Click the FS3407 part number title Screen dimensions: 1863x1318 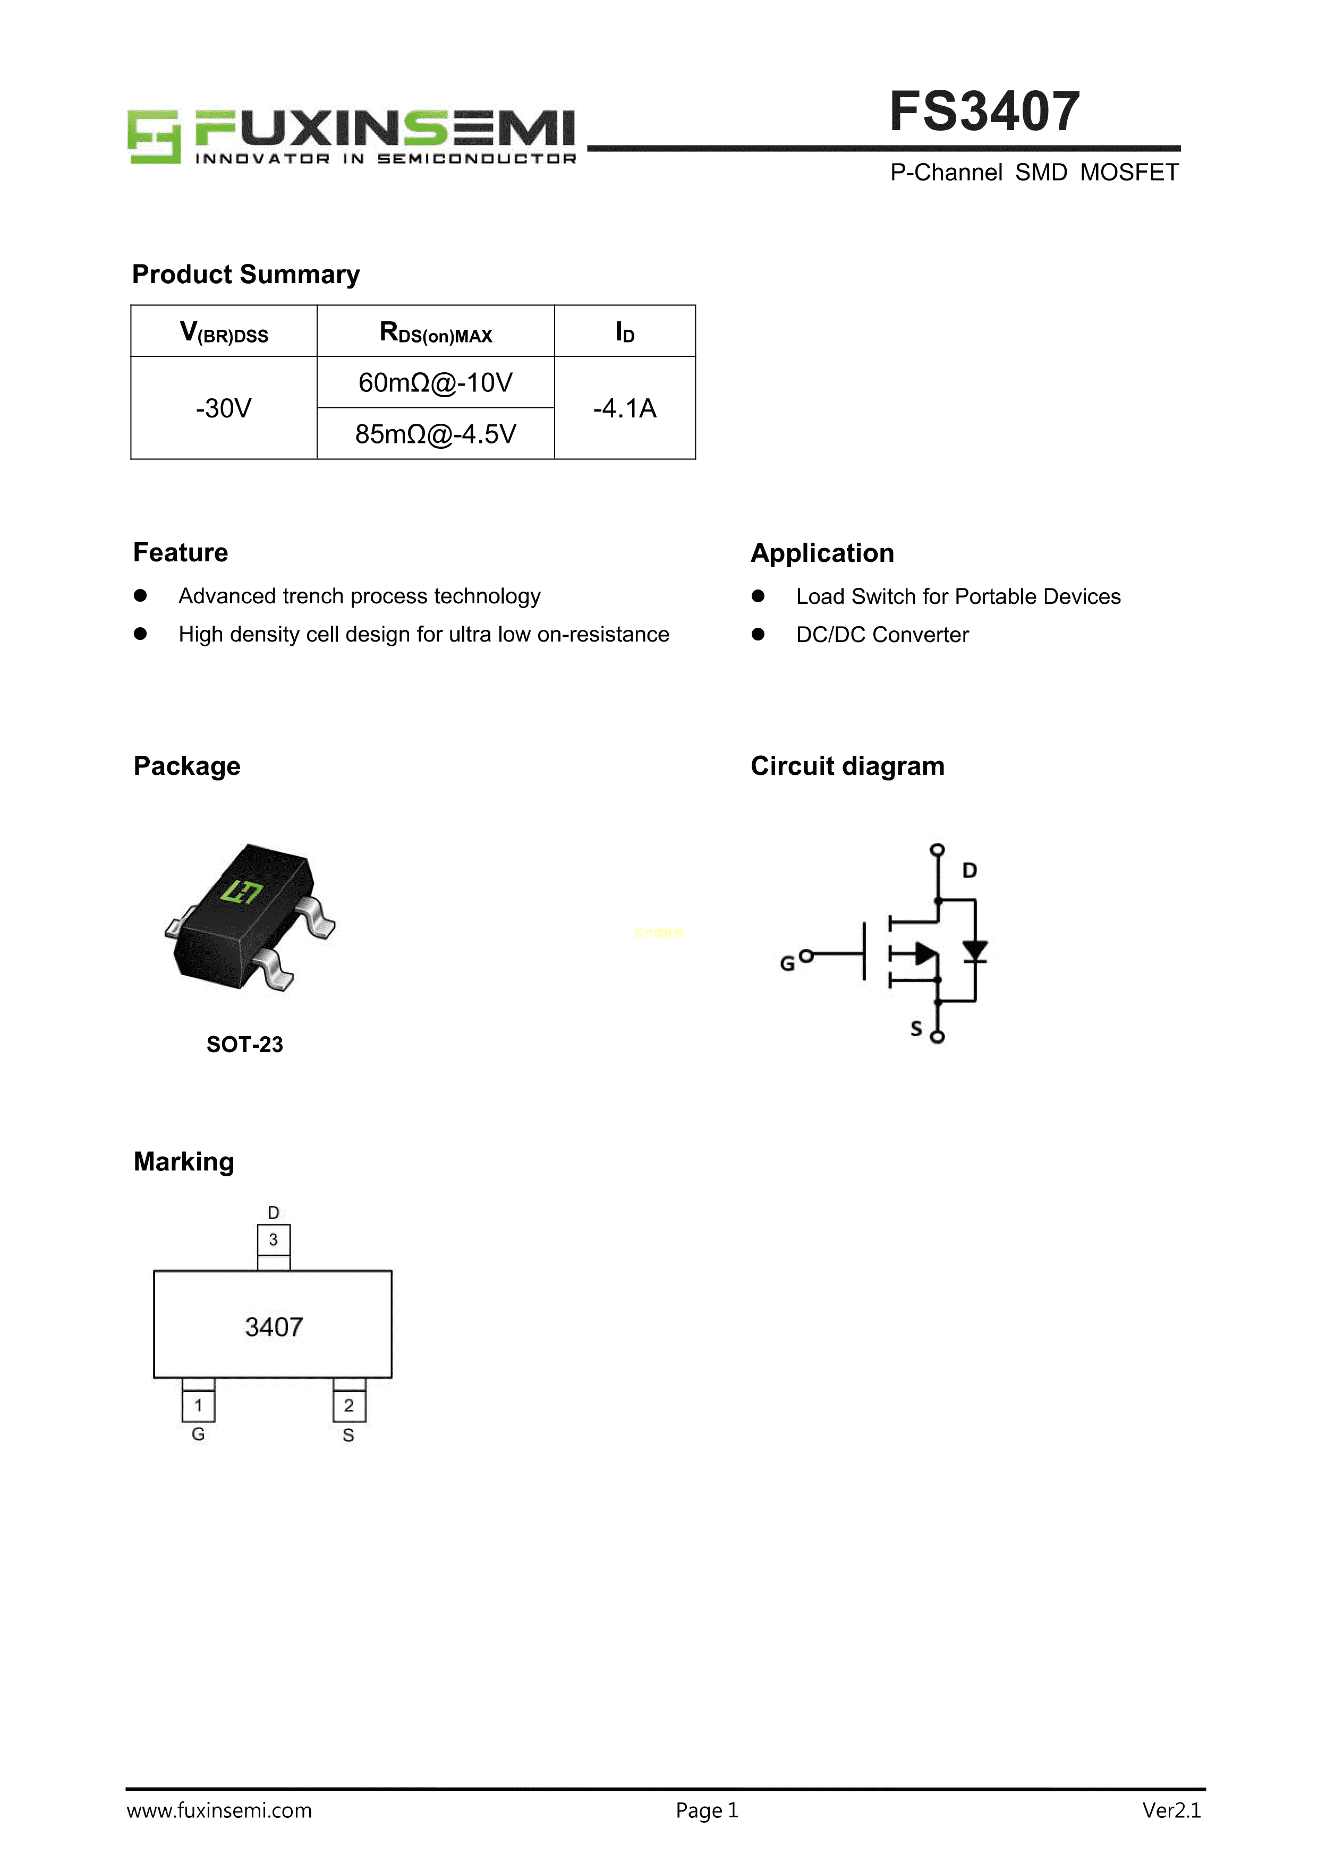pyautogui.click(x=984, y=112)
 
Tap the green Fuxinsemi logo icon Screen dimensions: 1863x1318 pyautogui.click(x=154, y=137)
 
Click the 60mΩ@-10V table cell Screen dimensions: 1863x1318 pyautogui.click(x=435, y=382)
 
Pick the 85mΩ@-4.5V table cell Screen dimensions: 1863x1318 pyautogui.click(x=435, y=434)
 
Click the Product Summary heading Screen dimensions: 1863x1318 pyautogui.click(x=246, y=274)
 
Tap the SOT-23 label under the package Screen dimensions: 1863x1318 pyautogui.click(x=244, y=1044)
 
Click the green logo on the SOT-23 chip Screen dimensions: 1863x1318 pyautogui.click(x=242, y=892)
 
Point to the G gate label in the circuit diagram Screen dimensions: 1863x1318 pyautogui.click(x=786, y=963)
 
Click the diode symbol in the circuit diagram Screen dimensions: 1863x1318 pyautogui.click(x=975, y=951)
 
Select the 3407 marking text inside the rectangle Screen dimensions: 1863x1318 pyautogui.click(x=274, y=1327)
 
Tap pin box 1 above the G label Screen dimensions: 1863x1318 pyautogui.click(x=198, y=1405)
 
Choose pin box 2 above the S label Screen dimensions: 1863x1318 pyautogui.click(x=349, y=1405)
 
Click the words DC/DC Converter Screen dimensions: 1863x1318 pyautogui.click(x=882, y=635)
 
